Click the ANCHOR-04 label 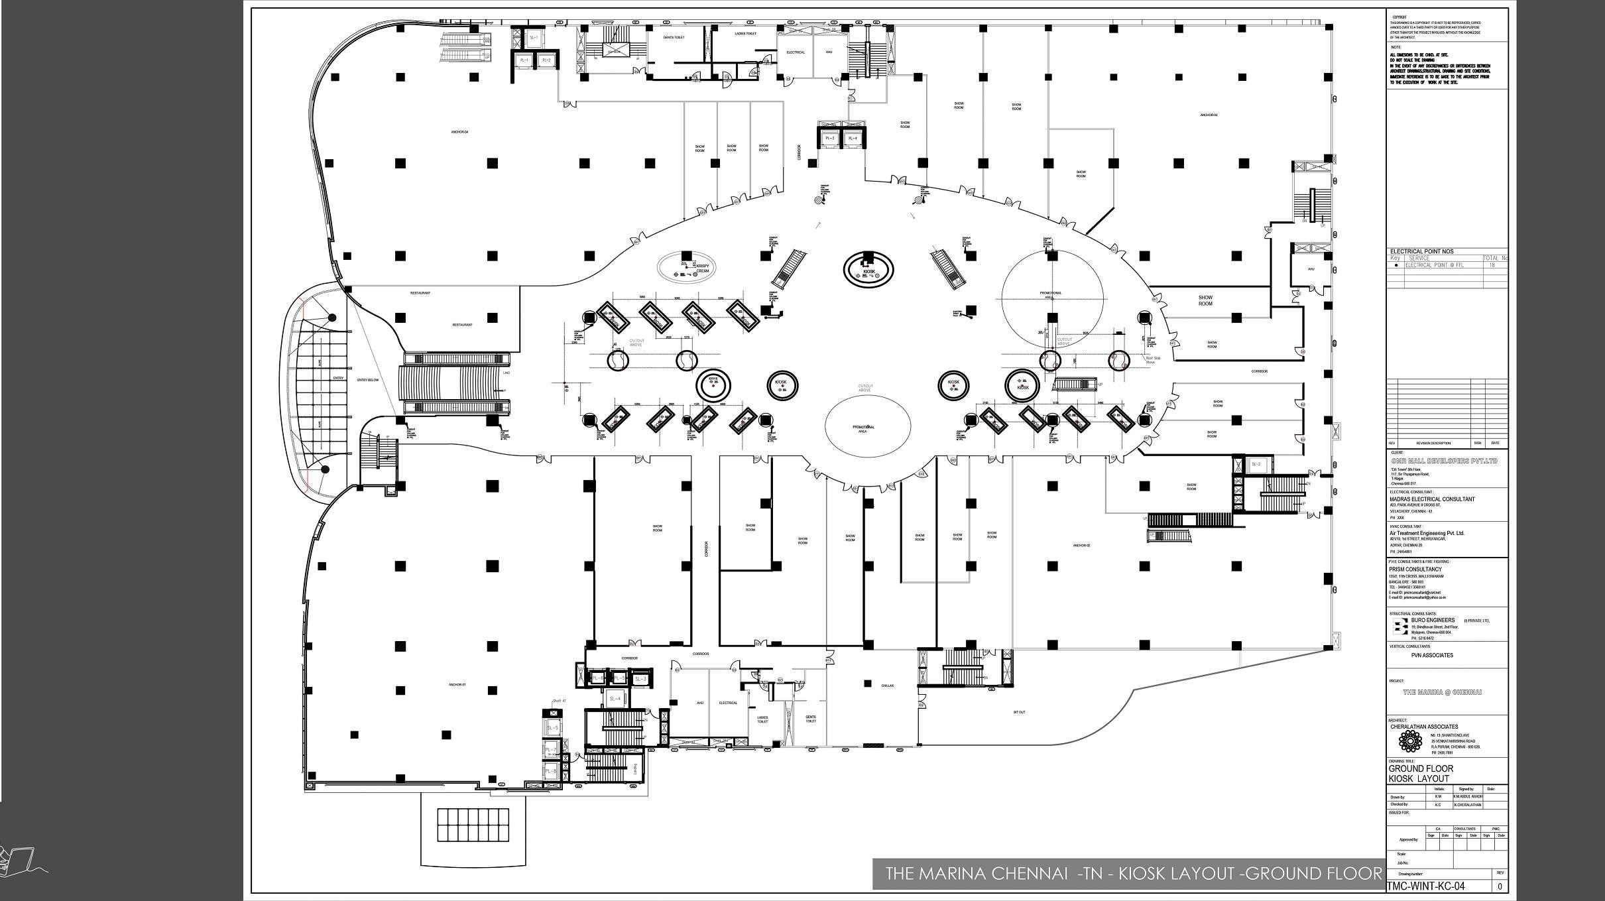coord(459,132)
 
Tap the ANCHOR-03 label coord(1209,115)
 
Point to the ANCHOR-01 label coord(457,684)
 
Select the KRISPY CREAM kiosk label coord(703,268)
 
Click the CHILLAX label coord(888,686)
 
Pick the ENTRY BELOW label coord(367,380)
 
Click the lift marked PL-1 coord(524,60)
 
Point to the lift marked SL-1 coord(534,38)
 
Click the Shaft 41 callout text coord(559,701)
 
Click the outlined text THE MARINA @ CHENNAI coord(1442,691)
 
